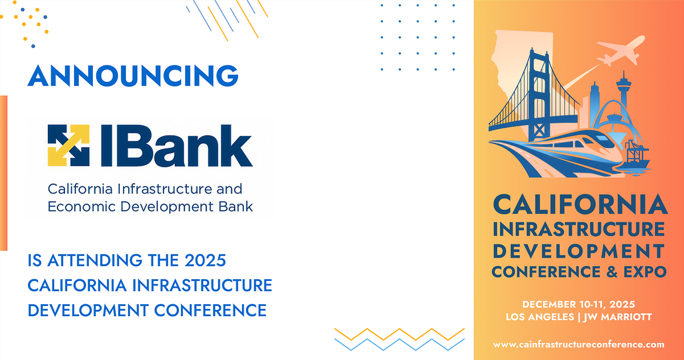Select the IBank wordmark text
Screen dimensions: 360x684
[176, 145]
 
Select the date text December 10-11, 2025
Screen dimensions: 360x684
[579, 303]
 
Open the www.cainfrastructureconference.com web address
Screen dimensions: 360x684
[579, 344]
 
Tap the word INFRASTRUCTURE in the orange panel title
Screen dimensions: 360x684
[579, 229]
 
